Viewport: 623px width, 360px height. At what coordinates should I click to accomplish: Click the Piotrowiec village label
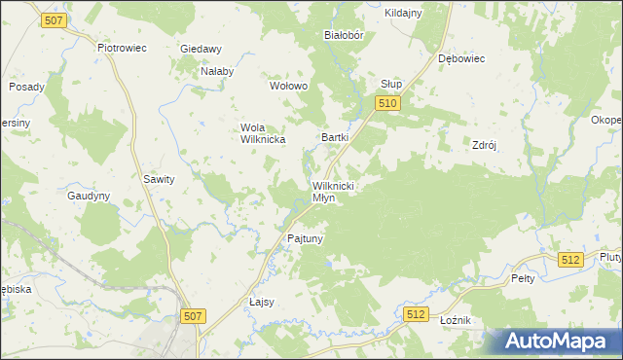coord(122,46)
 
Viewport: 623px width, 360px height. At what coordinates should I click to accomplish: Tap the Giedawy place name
coord(202,49)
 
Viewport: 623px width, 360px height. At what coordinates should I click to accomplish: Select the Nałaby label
coord(216,71)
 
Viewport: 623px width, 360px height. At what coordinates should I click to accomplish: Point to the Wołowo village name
coord(288,86)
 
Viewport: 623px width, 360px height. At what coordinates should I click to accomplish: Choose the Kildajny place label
coord(403,13)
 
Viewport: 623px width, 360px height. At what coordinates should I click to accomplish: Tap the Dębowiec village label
coord(461,58)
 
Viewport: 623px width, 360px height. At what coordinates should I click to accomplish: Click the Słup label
coord(391,84)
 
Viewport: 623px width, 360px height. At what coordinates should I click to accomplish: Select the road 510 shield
coord(387,102)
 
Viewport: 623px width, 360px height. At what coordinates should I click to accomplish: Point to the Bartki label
coord(335,137)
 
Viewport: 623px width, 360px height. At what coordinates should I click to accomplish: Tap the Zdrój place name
coord(485,144)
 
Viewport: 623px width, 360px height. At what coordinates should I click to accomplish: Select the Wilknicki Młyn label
coord(333,191)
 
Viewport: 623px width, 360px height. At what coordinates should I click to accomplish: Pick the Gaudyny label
coord(89,196)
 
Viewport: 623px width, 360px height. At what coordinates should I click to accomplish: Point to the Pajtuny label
coord(305,237)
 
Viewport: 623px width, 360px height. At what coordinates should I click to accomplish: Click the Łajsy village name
coord(262,302)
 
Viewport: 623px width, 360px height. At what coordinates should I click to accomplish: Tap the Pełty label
coord(523,278)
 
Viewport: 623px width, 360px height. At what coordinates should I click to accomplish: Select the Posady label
coord(27,87)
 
